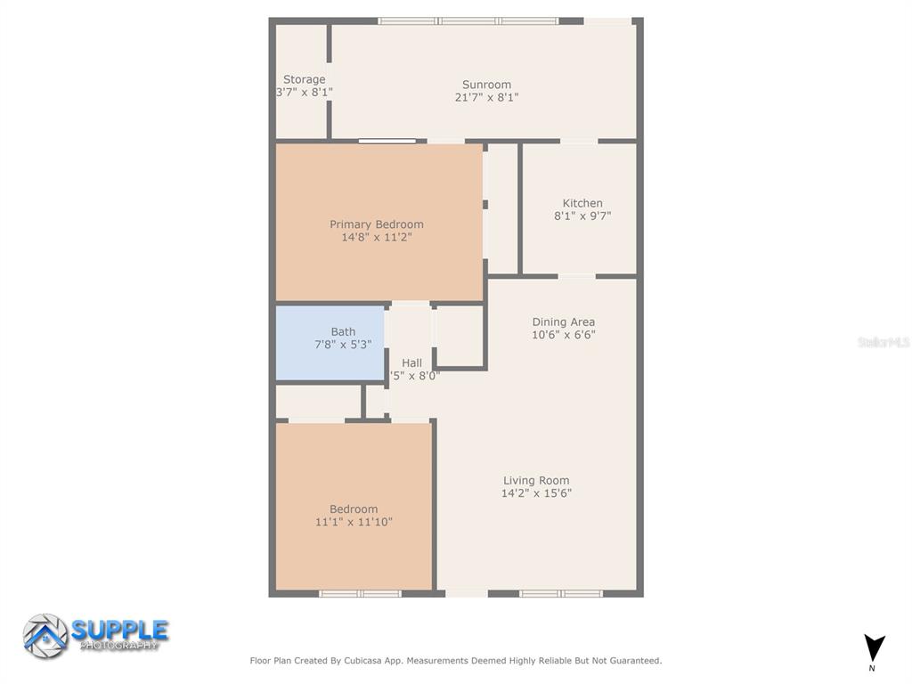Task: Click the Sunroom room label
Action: click(486, 85)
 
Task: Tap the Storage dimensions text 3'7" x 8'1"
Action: click(305, 92)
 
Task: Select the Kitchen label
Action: click(582, 203)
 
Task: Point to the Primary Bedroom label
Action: click(377, 224)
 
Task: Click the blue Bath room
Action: click(330, 344)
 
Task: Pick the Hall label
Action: click(411, 362)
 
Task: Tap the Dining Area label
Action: click(563, 322)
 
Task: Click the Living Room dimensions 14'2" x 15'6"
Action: click(536, 493)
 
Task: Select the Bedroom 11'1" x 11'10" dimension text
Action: click(354, 522)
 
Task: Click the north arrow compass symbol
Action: click(874, 647)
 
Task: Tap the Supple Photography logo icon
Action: click(45, 636)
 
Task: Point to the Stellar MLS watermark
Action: click(883, 342)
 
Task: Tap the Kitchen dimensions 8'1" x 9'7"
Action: click(582, 216)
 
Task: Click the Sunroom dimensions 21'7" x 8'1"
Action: click(486, 97)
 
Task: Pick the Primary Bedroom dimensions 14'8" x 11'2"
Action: click(377, 237)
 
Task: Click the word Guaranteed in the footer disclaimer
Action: click(632, 661)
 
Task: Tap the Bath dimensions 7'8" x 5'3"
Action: click(343, 344)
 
